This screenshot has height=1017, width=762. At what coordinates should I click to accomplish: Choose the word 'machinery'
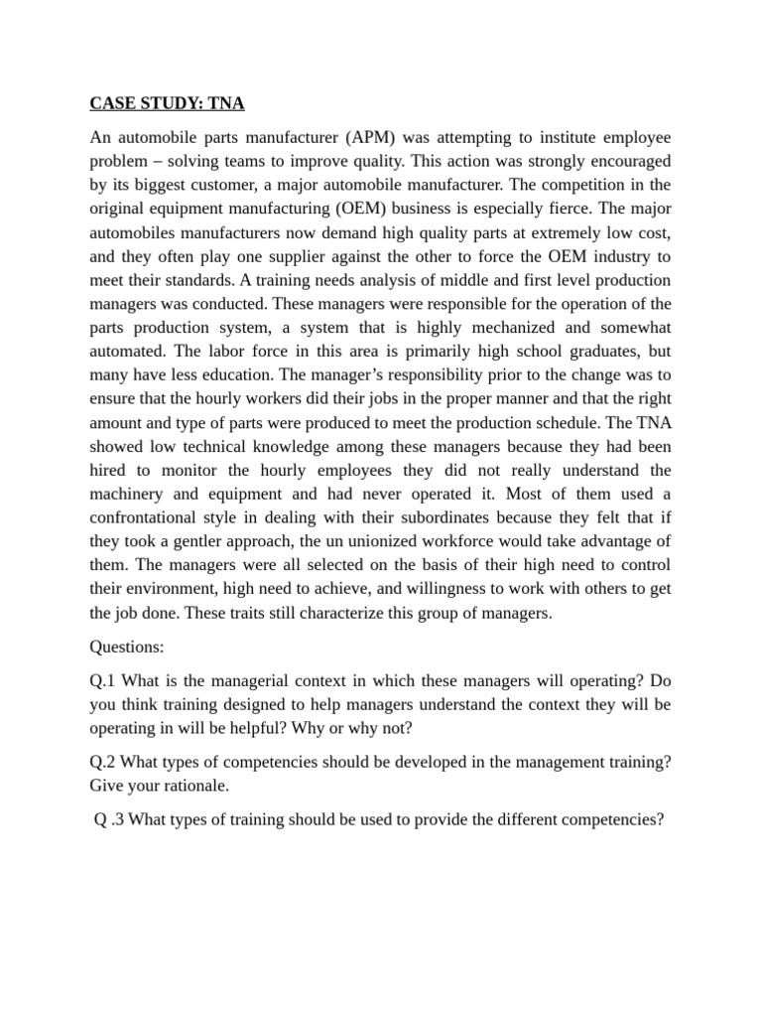click(x=130, y=495)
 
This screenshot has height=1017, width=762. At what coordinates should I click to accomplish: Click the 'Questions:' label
click(x=127, y=647)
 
